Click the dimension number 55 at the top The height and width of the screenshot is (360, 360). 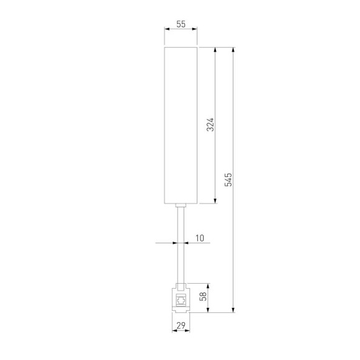pyautogui.click(x=181, y=24)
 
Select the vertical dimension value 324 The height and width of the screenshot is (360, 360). pyautogui.click(x=210, y=125)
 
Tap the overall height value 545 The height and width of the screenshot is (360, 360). pyautogui.click(x=228, y=179)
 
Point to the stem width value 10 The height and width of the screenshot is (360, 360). pyautogui.click(x=199, y=238)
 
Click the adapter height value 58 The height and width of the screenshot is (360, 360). pyautogui.click(x=202, y=297)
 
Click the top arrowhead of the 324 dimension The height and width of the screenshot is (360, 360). pyautogui.click(x=215, y=49)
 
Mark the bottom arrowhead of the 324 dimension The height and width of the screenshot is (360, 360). pyautogui.click(x=215, y=200)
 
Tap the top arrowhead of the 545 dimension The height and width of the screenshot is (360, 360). pyautogui.click(x=233, y=49)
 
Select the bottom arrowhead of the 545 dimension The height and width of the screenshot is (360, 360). pyautogui.click(x=233, y=310)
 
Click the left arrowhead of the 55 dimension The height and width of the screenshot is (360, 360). pyautogui.click(x=166, y=29)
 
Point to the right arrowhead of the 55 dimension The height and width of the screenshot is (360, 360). pyautogui.click(x=195, y=29)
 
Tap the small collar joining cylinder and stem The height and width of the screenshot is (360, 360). pyautogui.click(x=181, y=205)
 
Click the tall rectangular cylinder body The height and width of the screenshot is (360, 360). pyautogui.click(x=181, y=124)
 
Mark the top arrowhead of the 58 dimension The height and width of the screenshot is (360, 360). pyautogui.click(x=207, y=286)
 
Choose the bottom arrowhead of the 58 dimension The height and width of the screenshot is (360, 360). pyautogui.click(x=207, y=310)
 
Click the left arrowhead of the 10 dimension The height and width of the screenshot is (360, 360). pyautogui.click(x=176, y=243)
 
